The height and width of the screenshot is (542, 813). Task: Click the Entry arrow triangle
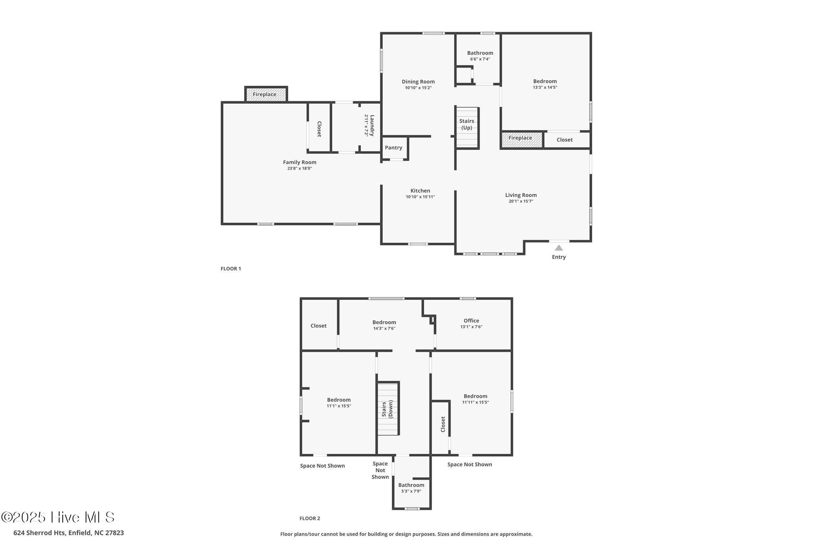click(x=559, y=248)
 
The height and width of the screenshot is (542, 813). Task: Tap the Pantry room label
click(x=393, y=148)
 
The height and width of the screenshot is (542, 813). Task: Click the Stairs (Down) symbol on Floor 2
click(x=388, y=409)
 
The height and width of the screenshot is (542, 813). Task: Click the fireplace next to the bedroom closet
click(x=521, y=139)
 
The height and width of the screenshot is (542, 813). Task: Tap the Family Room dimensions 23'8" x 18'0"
click(x=300, y=168)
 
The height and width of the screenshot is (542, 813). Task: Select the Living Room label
click(x=521, y=195)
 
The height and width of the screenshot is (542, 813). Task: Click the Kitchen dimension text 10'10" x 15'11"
click(x=420, y=197)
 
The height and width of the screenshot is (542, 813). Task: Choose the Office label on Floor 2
click(x=471, y=321)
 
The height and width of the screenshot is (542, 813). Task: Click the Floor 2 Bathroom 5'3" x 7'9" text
click(x=411, y=491)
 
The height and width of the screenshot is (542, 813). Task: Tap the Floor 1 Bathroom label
click(x=480, y=53)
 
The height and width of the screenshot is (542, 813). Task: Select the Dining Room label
click(x=418, y=82)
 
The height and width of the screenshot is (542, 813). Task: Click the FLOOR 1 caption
click(x=231, y=269)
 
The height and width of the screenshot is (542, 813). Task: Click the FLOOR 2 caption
click(x=310, y=518)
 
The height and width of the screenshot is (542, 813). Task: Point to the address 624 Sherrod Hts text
click(x=69, y=533)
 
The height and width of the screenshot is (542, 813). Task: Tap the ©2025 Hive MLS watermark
click(x=58, y=517)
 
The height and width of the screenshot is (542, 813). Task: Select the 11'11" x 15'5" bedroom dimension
click(x=475, y=402)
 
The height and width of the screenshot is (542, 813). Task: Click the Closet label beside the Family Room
click(x=319, y=129)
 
